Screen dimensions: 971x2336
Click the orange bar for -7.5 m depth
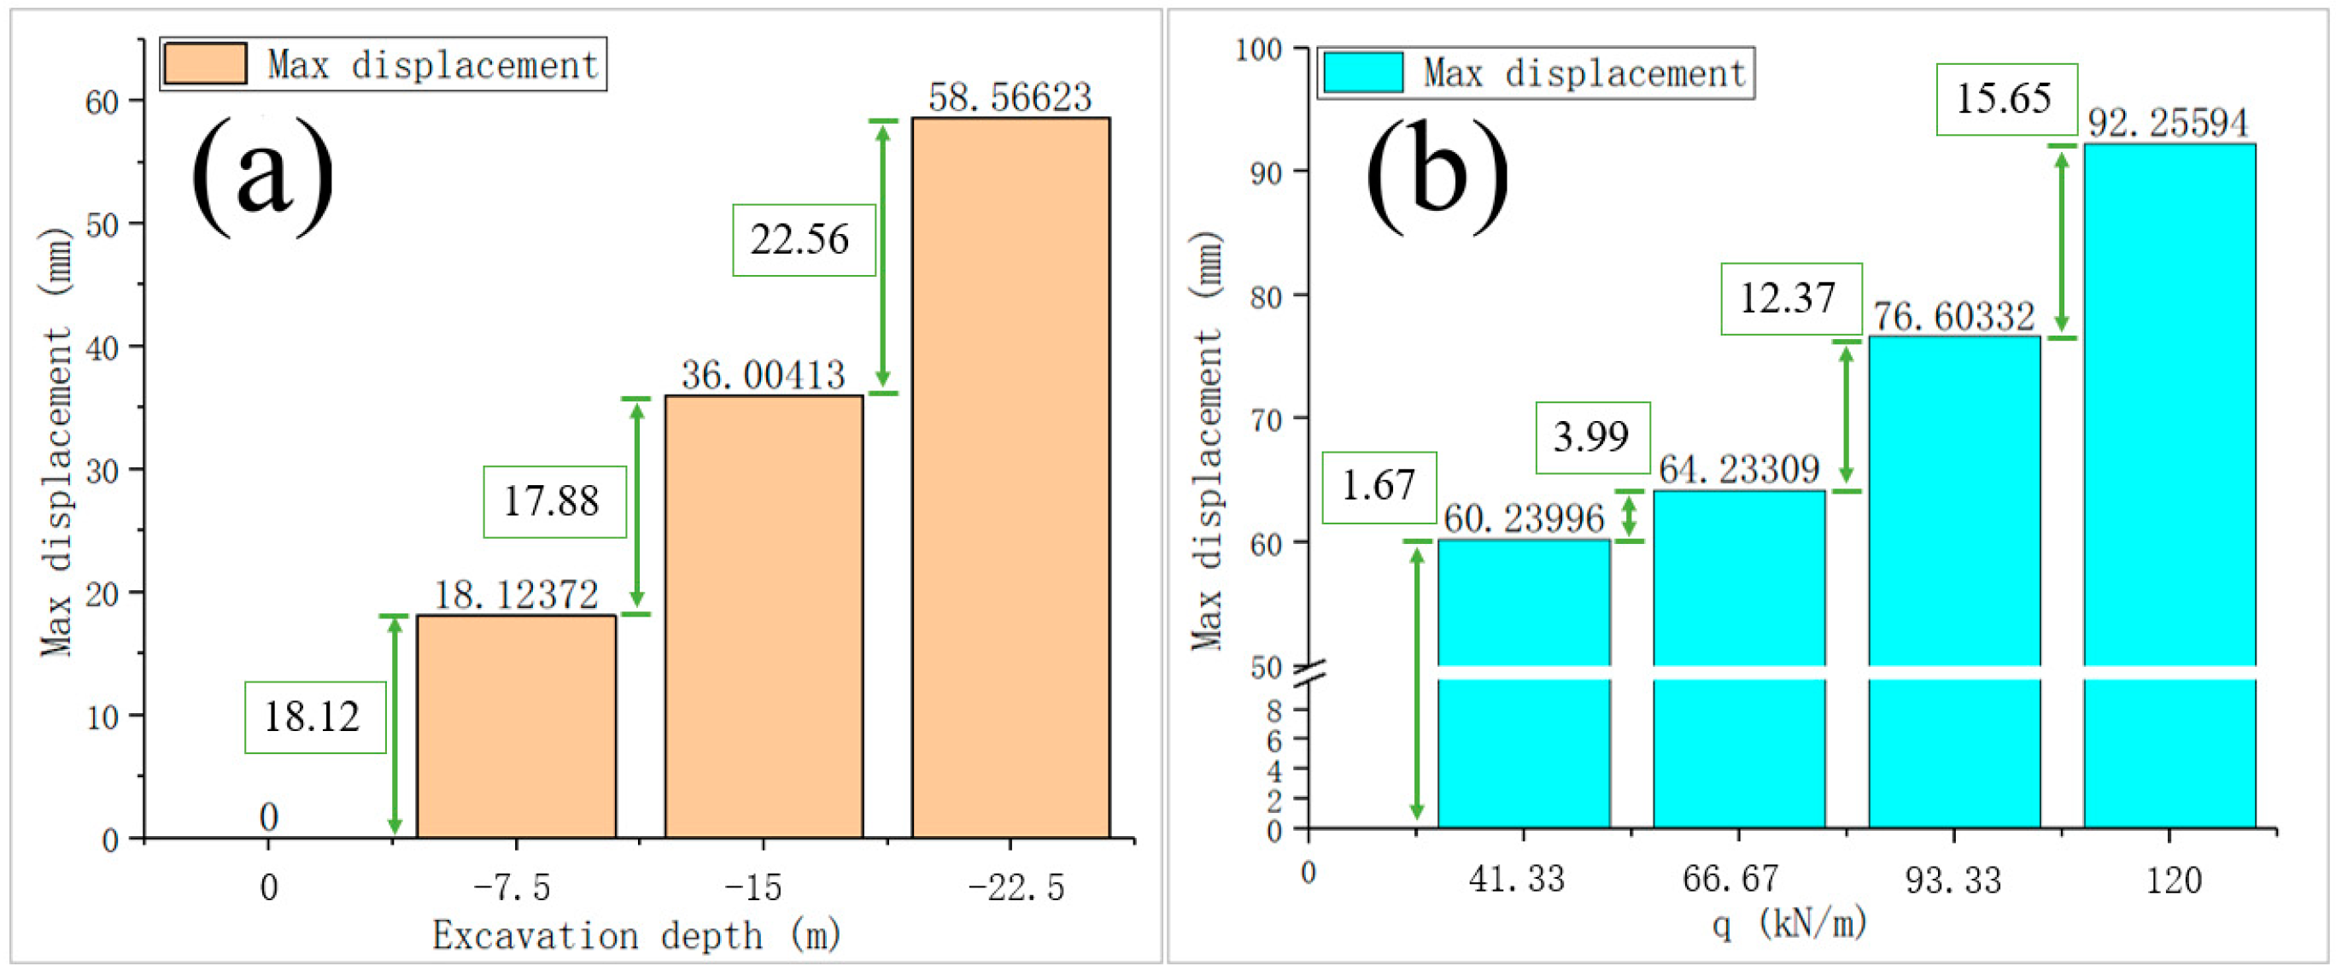point(516,725)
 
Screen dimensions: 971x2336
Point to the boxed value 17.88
point(553,501)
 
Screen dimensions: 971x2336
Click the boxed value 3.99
point(1591,437)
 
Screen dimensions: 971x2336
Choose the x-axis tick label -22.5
point(1016,887)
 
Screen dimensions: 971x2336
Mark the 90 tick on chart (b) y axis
point(1266,173)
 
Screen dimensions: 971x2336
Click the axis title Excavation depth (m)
point(635,936)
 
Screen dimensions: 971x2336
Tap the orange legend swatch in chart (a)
point(205,64)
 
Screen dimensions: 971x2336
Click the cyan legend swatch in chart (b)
point(1362,73)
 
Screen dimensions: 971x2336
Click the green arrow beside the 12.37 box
point(1847,416)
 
